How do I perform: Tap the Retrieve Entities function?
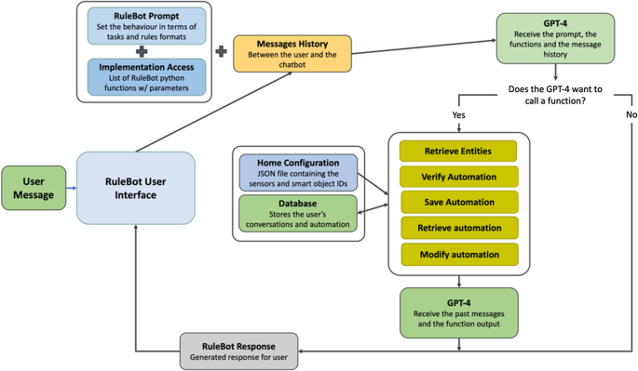(x=458, y=151)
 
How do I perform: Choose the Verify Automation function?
(x=458, y=177)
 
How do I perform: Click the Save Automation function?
(x=458, y=202)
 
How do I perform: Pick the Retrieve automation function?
(x=458, y=228)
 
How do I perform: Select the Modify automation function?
(x=458, y=254)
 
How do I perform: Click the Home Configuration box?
(x=298, y=172)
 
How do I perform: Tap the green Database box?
(x=298, y=212)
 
